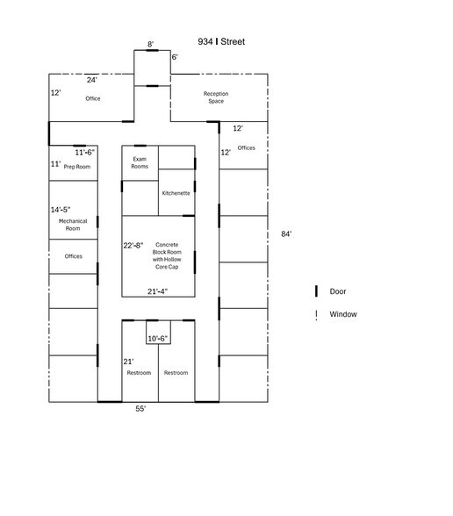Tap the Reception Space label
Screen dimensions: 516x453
(215, 97)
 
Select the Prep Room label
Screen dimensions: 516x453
(77, 166)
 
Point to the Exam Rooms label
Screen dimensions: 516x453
(140, 162)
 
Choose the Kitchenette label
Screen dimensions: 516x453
(176, 192)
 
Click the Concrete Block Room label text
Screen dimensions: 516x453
(166, 255)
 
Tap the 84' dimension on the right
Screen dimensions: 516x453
(286, 234)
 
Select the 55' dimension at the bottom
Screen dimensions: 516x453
(140, 409)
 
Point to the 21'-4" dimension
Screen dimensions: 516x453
(157, 290)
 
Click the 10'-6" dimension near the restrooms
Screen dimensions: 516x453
(157, 338)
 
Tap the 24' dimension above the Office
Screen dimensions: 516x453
(91, 80)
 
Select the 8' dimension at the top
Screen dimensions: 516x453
(150, 43)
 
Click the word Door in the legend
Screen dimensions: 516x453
(338, 291)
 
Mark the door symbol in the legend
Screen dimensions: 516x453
(315, 291)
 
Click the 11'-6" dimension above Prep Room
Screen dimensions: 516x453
(84, 152)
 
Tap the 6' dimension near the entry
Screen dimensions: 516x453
(174, 57)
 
